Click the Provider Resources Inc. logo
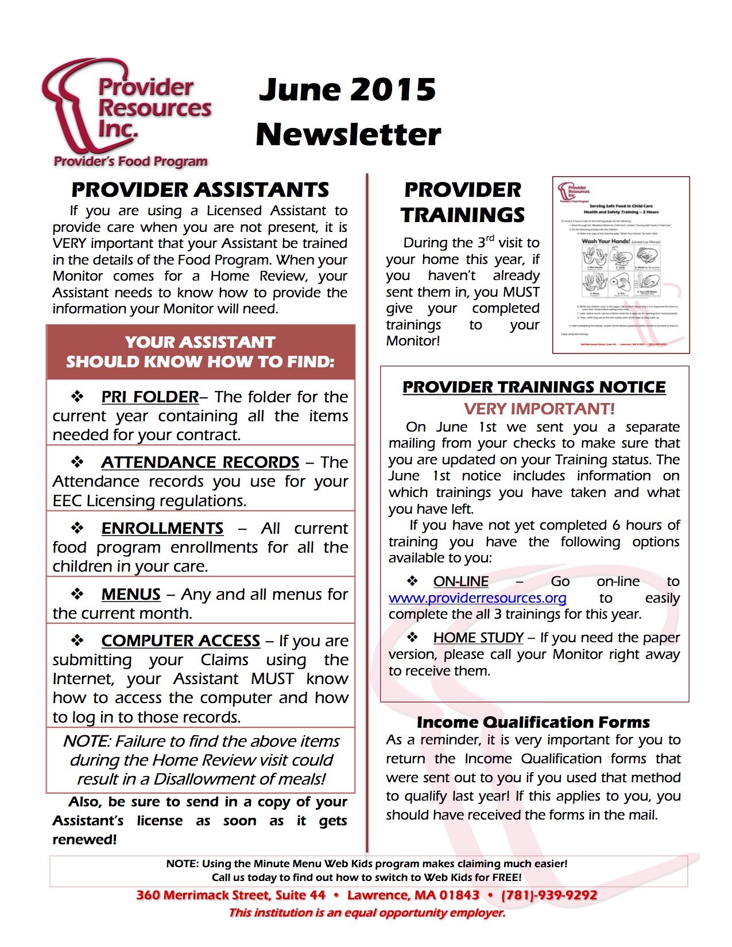pos(126,112)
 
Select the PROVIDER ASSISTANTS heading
pos(200,189)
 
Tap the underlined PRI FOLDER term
pos(150,397)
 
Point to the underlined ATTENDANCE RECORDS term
pos(200,462)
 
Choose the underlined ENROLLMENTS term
pos(162,528)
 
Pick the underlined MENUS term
pos(131,594)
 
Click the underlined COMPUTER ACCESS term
pos(181,641)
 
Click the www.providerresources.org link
pos(478,598)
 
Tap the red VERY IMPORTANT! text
pos(539,409)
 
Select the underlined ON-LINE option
pos(461,581)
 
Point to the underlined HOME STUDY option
pos(478,638)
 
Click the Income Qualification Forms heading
pos(533,722)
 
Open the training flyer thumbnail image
pos(621,265)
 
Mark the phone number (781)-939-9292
pos(549,895)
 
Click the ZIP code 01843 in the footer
pos(459,895)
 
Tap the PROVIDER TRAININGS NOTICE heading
pos(534,387)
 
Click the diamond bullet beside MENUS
pos(78,593)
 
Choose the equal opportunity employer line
pos(367,913)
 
